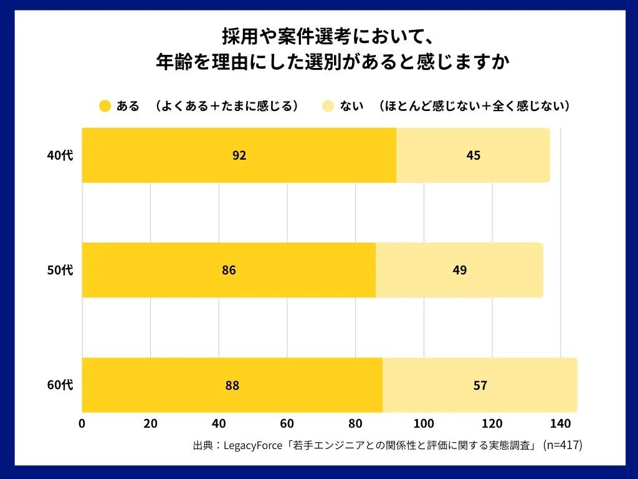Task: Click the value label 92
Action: (239, 155)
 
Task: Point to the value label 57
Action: (480, 385)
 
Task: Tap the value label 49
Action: (460, 270)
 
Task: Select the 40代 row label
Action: (60, 155)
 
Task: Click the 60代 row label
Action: (60, 385)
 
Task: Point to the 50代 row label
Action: (60, 270)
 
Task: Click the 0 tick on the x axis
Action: (82, 423)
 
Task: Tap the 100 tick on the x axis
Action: (424, 423)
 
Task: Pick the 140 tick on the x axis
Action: (561, 423)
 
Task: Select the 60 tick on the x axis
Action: (287, 423)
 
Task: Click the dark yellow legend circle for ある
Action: (105, 106)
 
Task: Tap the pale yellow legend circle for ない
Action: (328, 106)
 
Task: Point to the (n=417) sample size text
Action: (563, 445)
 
